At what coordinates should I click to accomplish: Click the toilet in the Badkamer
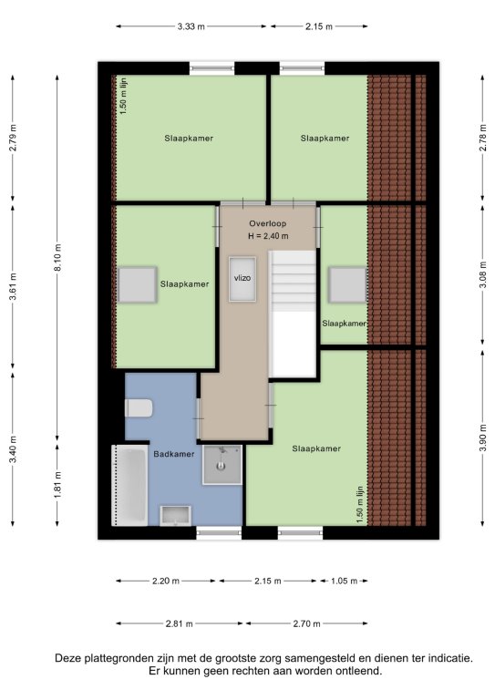[x=139, y=408]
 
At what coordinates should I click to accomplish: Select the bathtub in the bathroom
[x=129, y=485]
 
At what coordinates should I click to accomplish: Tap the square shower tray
[x=222, y=465]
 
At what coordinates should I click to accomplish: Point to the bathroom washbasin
[x=176, y=516]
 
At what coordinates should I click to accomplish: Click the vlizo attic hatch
[x=242, y=279]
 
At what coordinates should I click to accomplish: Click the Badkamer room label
[x=173, y=454]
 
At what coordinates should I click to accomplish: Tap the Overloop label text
[x=268, y=223]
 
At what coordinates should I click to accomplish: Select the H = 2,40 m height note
[x=268, y=236]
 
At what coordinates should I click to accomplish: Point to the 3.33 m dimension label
[x=191, y=26]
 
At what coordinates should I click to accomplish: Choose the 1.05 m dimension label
[x=345, y=581]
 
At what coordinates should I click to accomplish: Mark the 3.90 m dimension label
[x=482, y=437]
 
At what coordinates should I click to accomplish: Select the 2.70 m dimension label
[x=306, y=623]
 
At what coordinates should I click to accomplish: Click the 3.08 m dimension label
[x=482, y=274]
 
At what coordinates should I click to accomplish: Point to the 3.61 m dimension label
[x=14, y=287]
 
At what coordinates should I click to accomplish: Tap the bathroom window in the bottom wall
[x=219, y=532]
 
